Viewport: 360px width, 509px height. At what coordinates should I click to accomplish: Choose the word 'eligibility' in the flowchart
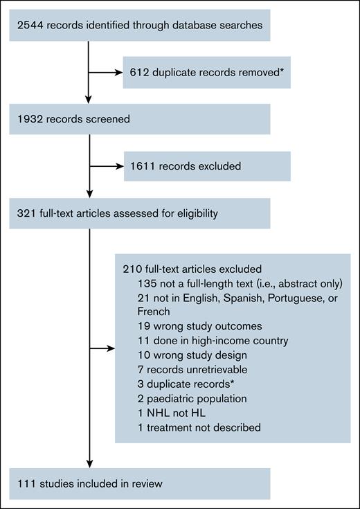click(x=193, y=213)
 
